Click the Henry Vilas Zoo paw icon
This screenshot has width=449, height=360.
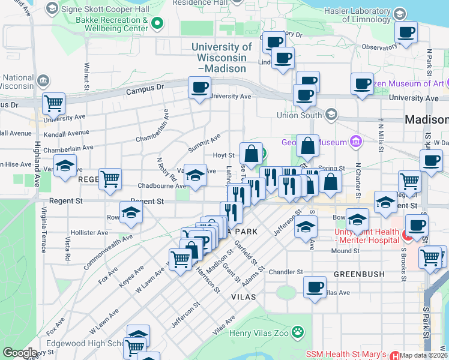click(297, 332)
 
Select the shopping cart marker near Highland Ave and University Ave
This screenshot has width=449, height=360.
click(54, 103)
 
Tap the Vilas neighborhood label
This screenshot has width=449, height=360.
click(243, 297)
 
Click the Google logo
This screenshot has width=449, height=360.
click(19, 353)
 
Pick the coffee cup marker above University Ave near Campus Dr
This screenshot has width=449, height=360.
click(199, 87)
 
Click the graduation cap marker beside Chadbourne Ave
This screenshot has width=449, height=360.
click(195, 175)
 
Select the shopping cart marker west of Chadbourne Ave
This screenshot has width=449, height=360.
click(110, 179)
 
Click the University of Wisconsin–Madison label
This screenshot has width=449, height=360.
click(221, 58)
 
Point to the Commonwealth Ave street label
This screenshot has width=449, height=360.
click(108, 251)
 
